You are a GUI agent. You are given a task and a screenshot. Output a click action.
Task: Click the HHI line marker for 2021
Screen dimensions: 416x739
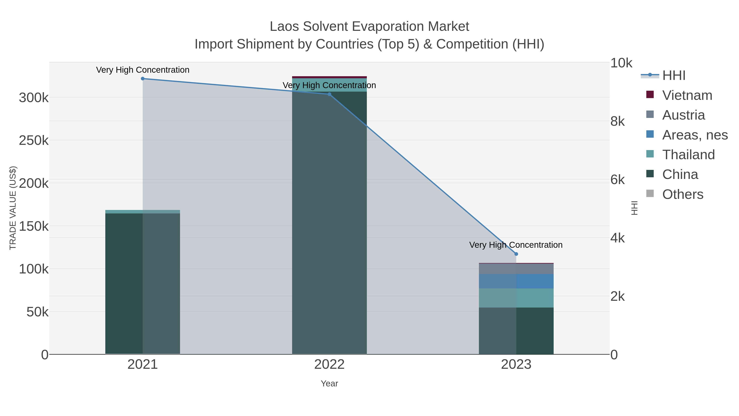[x=143, y=78]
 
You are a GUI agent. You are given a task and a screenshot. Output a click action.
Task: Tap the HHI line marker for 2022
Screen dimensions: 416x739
[x=329, y=94]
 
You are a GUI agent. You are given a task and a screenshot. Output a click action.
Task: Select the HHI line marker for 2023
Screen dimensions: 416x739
[x=516, y=254]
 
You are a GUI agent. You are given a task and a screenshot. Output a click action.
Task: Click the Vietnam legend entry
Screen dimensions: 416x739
[x=687, y=95]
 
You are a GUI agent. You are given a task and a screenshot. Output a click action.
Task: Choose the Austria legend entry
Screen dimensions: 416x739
[x=683, y=115]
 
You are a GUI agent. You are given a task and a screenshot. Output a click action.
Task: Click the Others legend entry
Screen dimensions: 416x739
[x=683, y=194]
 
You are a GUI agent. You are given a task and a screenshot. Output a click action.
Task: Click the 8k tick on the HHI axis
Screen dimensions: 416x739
[x=617, y=121]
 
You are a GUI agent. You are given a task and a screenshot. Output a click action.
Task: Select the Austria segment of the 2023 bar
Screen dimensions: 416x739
[x=516, y=269]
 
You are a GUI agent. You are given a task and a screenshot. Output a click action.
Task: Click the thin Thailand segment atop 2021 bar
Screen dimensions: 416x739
[x=143, y=212]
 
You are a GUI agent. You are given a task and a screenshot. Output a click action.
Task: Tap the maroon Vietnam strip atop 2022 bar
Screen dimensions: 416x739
[x=329, y=77]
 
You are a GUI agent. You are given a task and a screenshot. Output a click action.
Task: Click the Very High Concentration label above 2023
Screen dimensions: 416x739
[x=515, y=245]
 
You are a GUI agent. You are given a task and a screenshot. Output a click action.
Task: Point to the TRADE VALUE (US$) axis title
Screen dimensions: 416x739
[x=13, y=208]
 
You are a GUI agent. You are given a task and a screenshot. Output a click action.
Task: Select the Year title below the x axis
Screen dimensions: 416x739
[x=329, y=384]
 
